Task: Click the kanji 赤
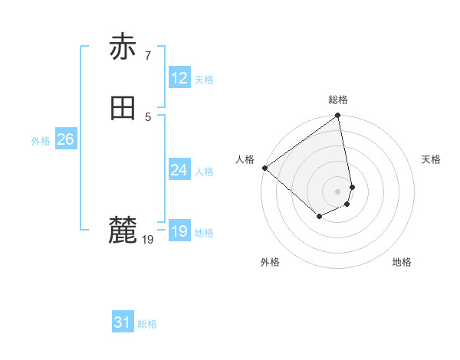123,47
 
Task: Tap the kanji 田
123,108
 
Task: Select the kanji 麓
123,229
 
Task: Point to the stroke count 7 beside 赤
147,55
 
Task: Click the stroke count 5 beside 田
147,116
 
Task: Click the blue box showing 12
179,77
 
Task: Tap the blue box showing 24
179,170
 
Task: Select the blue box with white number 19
179,231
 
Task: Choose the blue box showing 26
65,139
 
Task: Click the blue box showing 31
122,322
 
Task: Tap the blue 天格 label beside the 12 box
204,80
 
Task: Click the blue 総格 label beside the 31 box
147,324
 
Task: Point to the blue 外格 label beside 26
41,141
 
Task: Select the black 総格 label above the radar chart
338,100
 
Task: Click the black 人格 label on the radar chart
245,159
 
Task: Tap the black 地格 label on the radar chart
402,262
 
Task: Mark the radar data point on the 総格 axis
338,116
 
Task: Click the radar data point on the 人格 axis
264,168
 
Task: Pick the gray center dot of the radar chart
338,191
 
